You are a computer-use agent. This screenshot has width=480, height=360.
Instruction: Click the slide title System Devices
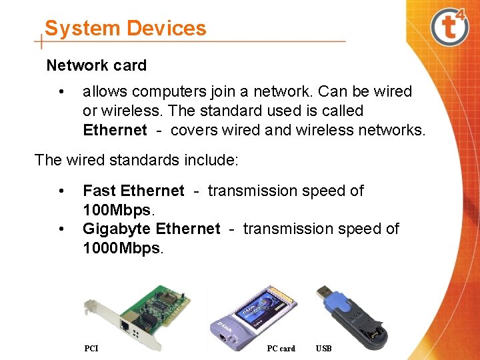(125, 28)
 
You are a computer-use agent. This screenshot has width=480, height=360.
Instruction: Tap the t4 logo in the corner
(450, 27)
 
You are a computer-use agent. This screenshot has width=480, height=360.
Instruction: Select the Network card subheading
(96, 65)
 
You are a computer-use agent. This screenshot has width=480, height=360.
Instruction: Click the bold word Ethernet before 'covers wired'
(115, 130)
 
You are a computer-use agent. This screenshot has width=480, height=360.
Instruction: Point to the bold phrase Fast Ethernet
(133, 191)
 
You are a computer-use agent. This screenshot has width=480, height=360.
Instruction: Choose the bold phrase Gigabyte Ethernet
(151, 229)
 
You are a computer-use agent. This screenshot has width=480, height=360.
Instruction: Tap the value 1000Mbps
(121, 248)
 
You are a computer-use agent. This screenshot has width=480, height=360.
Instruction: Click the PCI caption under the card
(91, 348)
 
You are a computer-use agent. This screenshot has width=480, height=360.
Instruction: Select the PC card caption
(281, 348)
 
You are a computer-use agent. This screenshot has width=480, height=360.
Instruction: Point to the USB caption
(324, 348)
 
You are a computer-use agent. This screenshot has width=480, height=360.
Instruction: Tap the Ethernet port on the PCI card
(125, 325)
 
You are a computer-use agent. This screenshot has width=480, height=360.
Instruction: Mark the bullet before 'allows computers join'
(61, 92)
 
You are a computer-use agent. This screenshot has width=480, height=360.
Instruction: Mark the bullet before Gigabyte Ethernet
(61, 229)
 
